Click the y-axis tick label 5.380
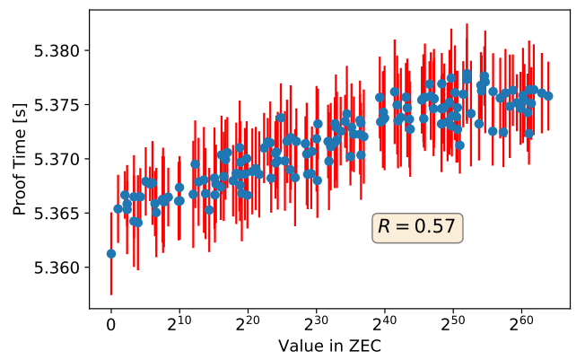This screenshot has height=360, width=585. (x=59, y=50)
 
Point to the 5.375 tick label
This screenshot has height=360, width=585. (x=59, y=105)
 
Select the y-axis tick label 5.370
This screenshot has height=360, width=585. (x=59, y=159)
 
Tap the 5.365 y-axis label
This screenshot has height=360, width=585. (x=59, y=214)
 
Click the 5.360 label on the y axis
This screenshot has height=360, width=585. (x=59, y=268)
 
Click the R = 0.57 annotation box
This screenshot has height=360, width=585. (x=416, y=227)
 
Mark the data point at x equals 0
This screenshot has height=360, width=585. (x=111, y=253)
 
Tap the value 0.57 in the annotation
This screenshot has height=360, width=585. (x=434, y=227)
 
